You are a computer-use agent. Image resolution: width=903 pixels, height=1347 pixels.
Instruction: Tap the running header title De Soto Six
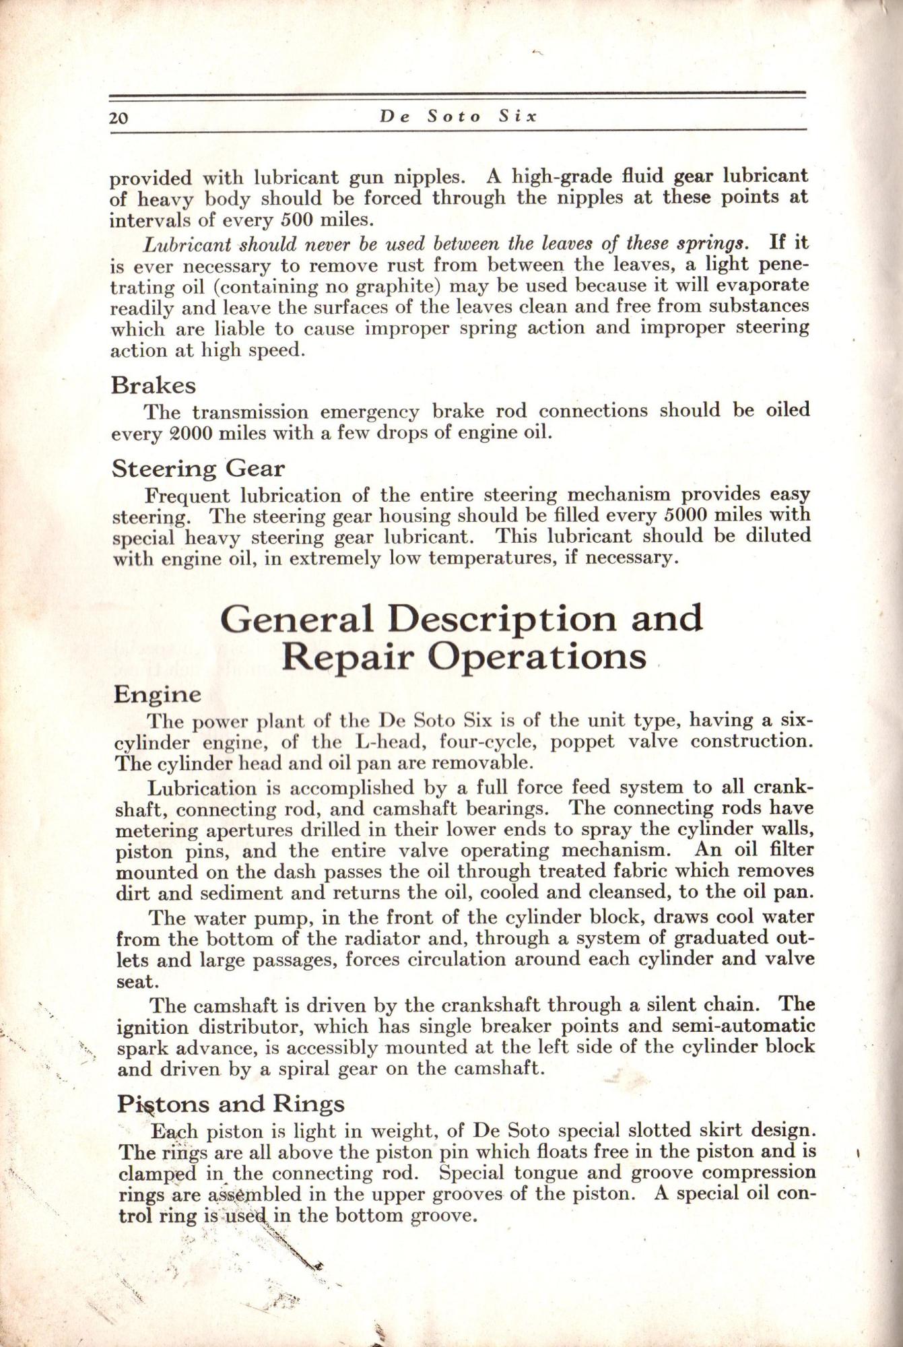point(458,116)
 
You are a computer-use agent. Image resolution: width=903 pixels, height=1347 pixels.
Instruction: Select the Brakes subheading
point(154,385)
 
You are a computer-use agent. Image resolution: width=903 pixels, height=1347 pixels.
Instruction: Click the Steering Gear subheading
point(197,468)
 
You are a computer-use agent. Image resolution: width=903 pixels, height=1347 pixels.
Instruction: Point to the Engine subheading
point(157,694)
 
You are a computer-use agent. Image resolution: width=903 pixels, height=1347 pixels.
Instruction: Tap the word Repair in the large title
point(347,657)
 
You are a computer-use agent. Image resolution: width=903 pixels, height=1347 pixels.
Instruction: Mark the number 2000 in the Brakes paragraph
point(182,432)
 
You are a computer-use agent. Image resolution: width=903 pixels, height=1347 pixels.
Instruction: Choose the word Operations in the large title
point(537,657)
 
